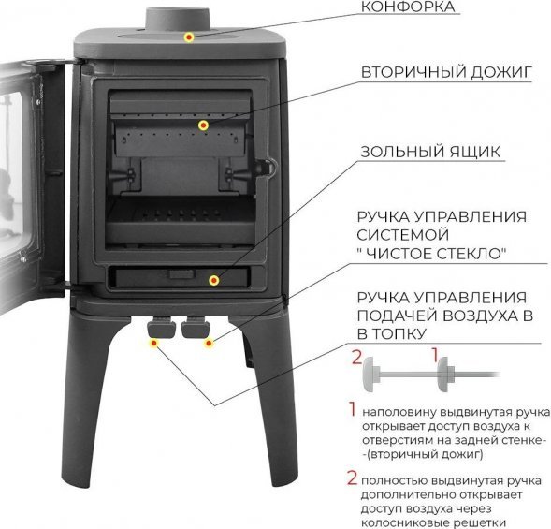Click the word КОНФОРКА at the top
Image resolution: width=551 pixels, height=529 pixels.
(x=408, y=7)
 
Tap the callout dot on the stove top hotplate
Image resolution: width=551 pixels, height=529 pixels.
(x=189, y=37)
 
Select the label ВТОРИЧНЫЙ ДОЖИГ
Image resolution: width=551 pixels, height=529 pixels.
(x=446, y=72)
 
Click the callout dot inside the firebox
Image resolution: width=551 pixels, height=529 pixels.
(x=203, y=125)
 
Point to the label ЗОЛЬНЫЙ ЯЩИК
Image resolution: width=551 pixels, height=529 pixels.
(x=430, y=152)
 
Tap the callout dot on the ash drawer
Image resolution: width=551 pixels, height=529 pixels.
(x=214, y=280)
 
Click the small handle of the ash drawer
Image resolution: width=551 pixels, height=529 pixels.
(x=181, y=274)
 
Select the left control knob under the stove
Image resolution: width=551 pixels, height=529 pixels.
(x=161, y=327)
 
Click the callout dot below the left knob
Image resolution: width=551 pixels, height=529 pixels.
(x=154, y=343)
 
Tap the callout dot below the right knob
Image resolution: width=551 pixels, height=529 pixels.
(x=210, y=343)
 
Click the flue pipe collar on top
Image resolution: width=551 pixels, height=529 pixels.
(x=178, y=20)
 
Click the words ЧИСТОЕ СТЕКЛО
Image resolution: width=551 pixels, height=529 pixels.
(x=436, y=254)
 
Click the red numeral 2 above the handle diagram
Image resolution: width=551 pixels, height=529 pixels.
(x=357, y=358)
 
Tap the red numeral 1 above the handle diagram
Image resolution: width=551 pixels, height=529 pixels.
(x=435, y=355)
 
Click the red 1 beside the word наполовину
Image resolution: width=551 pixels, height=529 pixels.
(x=352, y=409)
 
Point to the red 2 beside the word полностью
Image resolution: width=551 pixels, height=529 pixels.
(x=352, y=478)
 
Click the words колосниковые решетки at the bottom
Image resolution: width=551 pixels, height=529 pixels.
(x=433, y=522)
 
